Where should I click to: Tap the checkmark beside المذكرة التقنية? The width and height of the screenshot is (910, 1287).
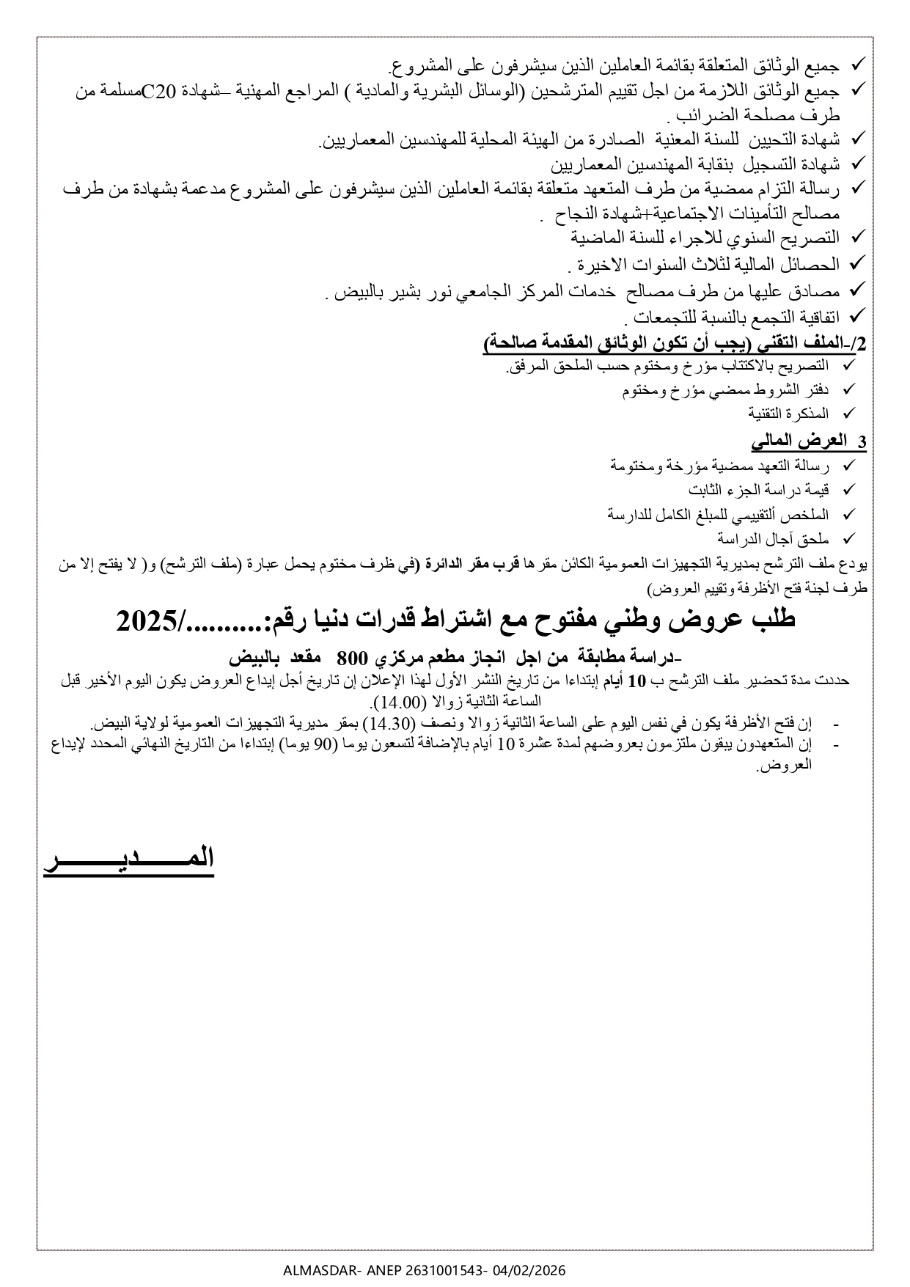click(849, 414)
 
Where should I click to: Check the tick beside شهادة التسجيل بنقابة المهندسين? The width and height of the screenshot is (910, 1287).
click(855, 163)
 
